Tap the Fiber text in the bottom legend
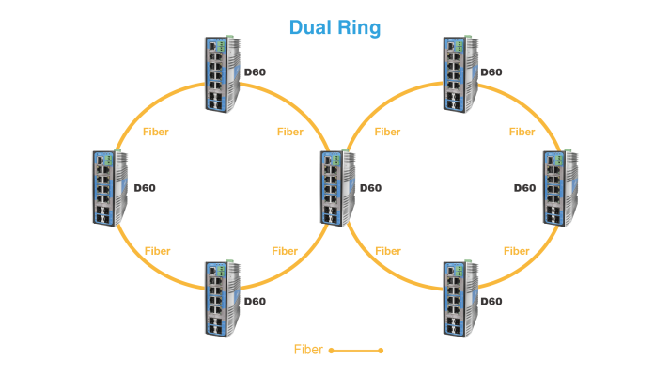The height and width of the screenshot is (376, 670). pos(308,350)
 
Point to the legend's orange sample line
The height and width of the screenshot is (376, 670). pos(356,351)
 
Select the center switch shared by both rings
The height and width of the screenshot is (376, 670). pos(336,188)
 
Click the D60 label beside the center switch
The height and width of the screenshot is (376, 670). pos(369,188)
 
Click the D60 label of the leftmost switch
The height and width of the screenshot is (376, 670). pos(145,188)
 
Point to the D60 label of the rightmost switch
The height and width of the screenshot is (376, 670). pos(524,188)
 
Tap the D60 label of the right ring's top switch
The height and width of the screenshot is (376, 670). pos(491,72)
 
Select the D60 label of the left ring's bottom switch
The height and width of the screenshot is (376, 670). pos(255,302)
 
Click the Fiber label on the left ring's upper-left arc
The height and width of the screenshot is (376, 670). pos(156,132)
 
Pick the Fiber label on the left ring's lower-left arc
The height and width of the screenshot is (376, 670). pos(158,251)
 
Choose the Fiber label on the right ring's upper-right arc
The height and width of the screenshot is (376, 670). pos(522,132)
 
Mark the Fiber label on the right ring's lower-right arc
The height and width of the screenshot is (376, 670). pos(516,251)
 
